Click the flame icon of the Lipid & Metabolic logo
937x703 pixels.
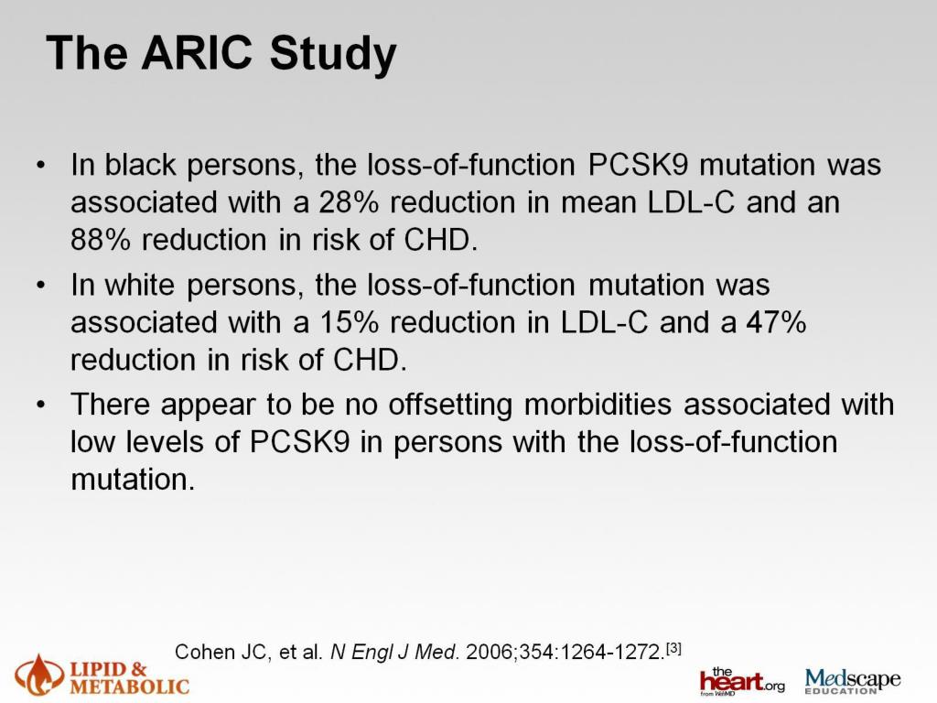[37, 673]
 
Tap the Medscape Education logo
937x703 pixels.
[852, 680]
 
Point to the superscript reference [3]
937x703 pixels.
[673, 647]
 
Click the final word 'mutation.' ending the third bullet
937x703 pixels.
[133, 479]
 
